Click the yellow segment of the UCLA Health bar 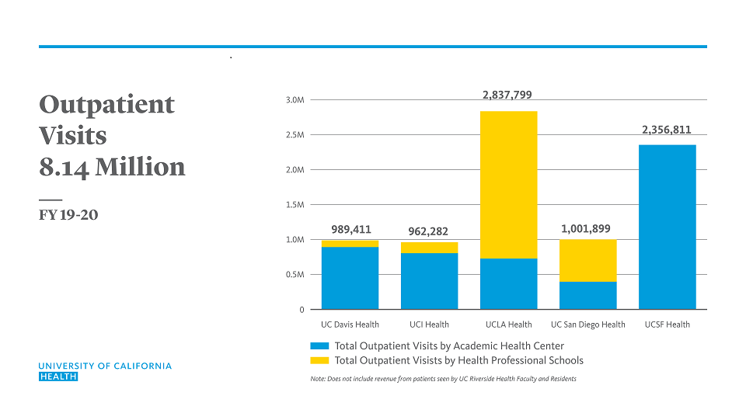508,185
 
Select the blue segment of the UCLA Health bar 508,283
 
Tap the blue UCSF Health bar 667,227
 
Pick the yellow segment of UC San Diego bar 587,260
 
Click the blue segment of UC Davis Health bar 350,277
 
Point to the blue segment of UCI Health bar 429,280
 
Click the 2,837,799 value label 507,95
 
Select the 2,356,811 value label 666,130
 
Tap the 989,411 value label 350,230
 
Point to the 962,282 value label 428,231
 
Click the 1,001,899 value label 586,229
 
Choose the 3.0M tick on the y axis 295,100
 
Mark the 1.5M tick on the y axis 295,205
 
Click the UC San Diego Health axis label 587,325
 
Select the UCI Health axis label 429,325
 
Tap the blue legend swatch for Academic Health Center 319,346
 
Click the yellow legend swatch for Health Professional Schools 319,360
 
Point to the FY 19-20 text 68,215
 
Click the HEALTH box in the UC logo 58,377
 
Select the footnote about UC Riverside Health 443,379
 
